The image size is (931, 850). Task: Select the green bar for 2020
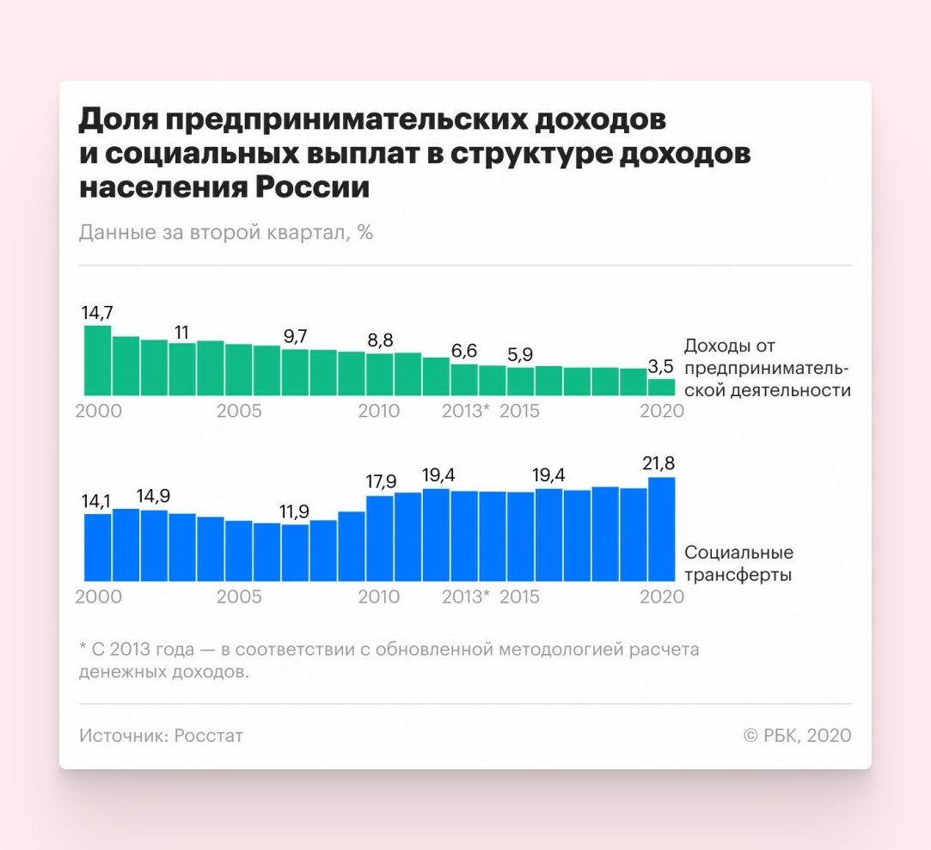click(x=661, y=386)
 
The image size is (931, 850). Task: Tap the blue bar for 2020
click(x=661, y=529)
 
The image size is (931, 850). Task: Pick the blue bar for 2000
click(x=97, y=547)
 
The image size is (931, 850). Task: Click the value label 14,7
click(x=97, y=313)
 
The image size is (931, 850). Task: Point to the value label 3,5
click(x=660, y=367)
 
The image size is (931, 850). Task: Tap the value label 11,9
click(x=294, y=512)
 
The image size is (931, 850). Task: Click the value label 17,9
click(x=379, y=482)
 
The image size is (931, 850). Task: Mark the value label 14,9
click(x=154, y=497)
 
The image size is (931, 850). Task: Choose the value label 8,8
click(x=379, y=340)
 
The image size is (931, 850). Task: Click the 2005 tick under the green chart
click(x=239, y=411)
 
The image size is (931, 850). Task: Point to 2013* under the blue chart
click(x=465, y=596)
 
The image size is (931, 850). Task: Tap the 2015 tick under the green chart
click(x=519, y=411)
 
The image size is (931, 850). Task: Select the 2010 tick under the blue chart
click(x=378, y=596)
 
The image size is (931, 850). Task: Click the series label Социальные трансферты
click(x=738, y=564)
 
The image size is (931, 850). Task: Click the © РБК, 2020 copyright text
click(x=797, y=736)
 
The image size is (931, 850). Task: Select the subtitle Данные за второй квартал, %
click(x=225, y=232)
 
